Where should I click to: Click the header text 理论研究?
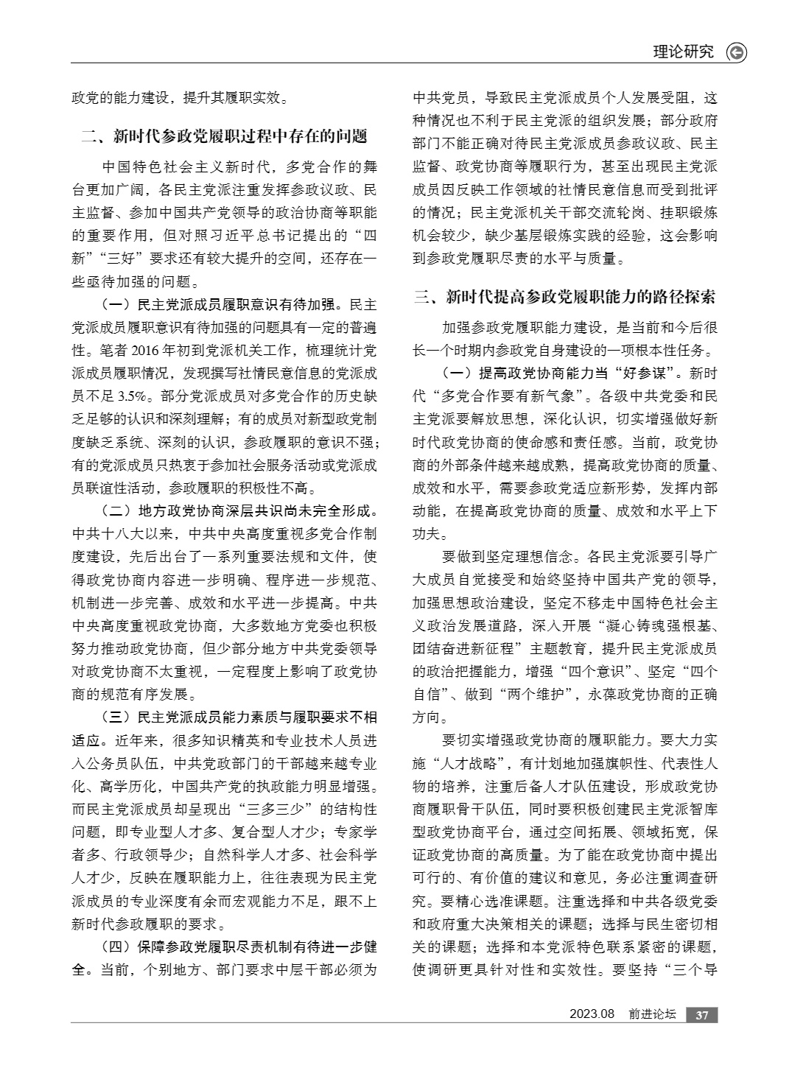[x=683, y=52]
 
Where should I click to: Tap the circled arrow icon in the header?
[x=736, y=52]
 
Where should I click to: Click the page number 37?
[x=702, y=1014]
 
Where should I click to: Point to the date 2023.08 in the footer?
[x=591, y=1014]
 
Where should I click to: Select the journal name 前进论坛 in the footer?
[x=652, y=1014]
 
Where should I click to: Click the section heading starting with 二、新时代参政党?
[x=224, y=136]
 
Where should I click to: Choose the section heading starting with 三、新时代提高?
[x=564, y=297]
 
